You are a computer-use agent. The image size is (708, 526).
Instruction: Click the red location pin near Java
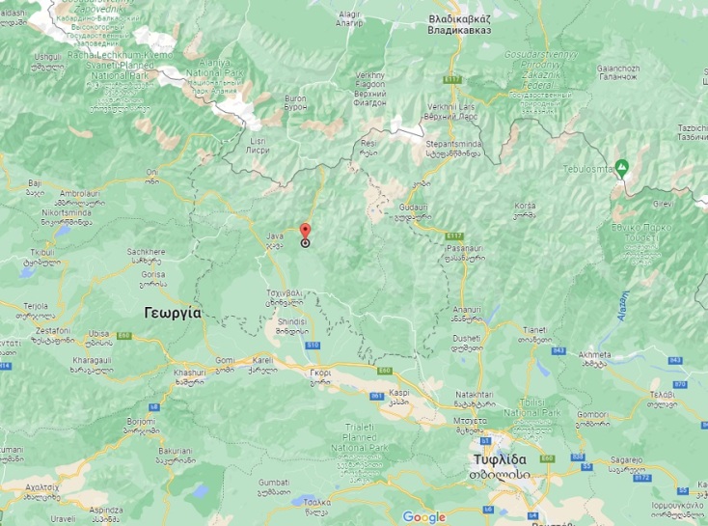click(305, 232)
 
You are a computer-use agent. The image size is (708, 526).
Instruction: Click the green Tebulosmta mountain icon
click(623, 165)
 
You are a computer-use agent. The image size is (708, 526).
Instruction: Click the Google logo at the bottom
click(424, 517)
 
